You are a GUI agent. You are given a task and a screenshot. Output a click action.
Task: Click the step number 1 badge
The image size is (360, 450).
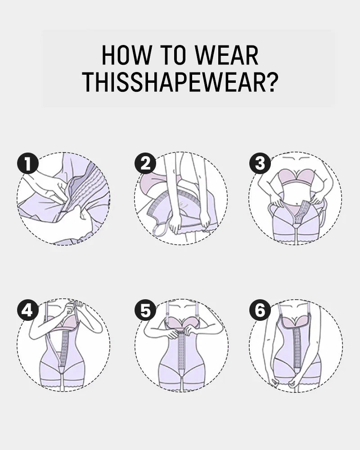pyautogui.click(x=28, y=164)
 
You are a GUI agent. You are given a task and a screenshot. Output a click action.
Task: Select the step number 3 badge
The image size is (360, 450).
pyautogui.click(x=260, y=164)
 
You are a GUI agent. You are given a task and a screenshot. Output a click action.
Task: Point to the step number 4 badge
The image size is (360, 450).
pyautogui.click(x=28, y=310)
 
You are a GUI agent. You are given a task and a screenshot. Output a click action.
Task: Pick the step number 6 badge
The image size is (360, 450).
pyautogui.click(x=260, y=310)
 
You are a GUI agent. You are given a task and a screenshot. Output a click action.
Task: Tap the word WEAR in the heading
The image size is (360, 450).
pyautogui.click(x=227, y=55)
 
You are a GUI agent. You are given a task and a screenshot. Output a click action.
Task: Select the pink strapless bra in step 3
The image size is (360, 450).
pyautogui.click(x=296, y=177)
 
